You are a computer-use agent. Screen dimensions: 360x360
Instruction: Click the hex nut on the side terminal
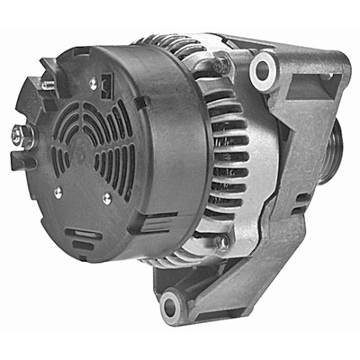click(19, 137)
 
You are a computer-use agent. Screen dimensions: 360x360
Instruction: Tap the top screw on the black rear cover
click(93, 83)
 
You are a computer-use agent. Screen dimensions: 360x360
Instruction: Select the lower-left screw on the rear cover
click(57, 191)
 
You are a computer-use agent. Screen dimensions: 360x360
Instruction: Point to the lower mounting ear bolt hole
click(171, 307)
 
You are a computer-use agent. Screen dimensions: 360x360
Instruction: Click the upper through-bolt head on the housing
click(221, 64)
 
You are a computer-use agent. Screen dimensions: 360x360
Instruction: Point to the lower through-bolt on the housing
click(220, 242)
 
